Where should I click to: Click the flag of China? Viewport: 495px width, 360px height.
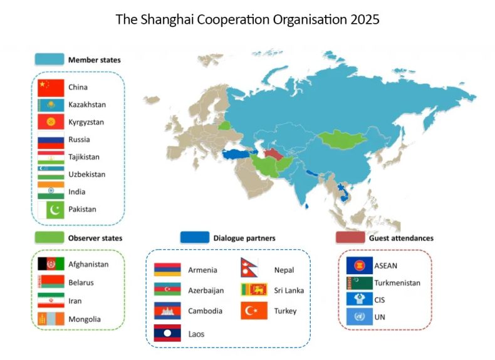(51, 88)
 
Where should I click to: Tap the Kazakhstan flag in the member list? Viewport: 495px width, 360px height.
(51, 105)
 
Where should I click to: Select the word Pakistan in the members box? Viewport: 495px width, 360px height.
(82, 209)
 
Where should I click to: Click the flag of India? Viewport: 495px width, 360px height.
(51, 190)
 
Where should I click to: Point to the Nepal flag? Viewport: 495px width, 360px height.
(249, 267)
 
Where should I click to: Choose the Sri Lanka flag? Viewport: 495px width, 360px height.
(254, 289)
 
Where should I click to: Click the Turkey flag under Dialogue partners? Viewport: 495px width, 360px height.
(254, 311)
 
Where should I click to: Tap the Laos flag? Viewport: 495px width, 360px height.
(167, 333)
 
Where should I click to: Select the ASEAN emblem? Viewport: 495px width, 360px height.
(359, 265)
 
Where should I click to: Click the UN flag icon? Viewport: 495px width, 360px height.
(359, 316)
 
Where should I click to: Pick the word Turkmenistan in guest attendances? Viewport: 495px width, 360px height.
(397, 283)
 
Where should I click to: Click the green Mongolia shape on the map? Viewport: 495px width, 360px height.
(342, 139)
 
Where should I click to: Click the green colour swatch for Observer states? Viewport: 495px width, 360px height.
(49, 237)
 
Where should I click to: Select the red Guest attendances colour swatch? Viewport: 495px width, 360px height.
(350, 237)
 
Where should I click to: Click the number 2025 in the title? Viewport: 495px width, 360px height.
(365, 19)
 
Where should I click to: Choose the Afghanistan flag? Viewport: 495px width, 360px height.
(51, 264)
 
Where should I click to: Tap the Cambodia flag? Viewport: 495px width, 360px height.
(167, 311)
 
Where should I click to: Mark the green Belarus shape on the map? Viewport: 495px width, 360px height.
(224, 125)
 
